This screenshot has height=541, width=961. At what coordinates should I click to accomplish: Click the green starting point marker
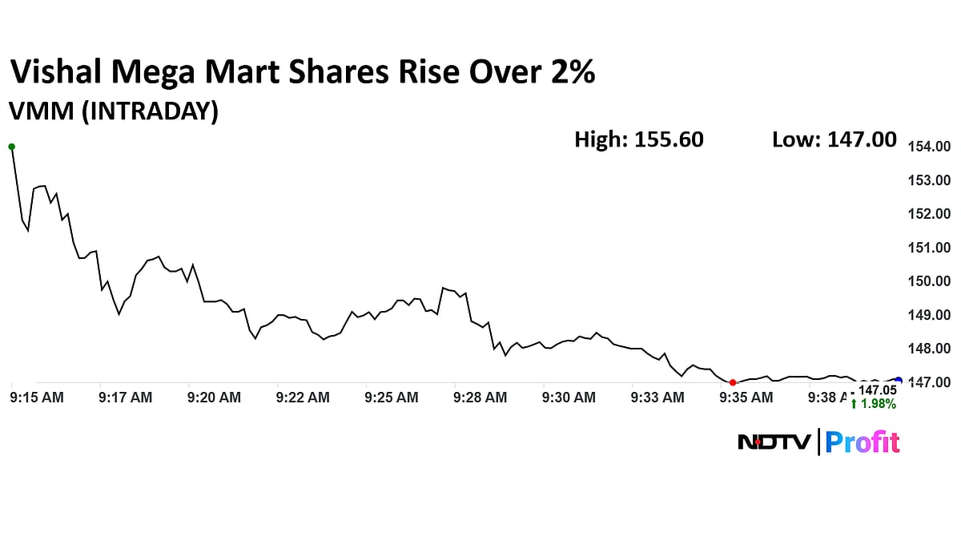(x=11, y=147)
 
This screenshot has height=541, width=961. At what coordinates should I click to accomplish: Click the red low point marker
(x=733, y=382)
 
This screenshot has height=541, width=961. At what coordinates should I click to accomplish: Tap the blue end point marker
(x=899, y=381)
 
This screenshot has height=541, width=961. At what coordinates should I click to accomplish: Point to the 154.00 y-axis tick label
(x=928, y=147)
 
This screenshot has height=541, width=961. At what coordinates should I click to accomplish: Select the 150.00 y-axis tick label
(x=928, y=281)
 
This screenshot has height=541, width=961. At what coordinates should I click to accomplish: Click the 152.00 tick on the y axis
(x=928, y=214)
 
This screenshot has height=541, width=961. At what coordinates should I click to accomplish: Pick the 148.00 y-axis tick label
(x=928, y=349)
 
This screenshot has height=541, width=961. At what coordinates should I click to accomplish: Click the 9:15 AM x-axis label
(x=37, y=397)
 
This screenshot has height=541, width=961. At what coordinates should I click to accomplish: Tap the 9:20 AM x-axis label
(x=214, y=397)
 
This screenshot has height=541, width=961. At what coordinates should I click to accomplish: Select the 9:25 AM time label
(x=391, y=397)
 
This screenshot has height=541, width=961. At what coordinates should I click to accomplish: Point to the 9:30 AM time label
(x=569, y=397)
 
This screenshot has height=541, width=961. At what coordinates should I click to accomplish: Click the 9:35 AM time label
(x=746, y=397)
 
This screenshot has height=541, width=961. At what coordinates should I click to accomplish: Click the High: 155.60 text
(x=639, y=139)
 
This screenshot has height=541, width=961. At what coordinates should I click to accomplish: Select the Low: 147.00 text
(x=834, y=139)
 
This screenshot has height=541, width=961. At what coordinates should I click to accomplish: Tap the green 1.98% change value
(x=874, y=404)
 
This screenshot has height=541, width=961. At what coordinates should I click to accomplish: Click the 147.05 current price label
(x=876, y=390)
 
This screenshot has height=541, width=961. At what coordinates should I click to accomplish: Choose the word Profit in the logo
(x=862, y=442)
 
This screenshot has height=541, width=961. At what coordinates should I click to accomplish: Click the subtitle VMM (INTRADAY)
(x=113, y=111)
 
